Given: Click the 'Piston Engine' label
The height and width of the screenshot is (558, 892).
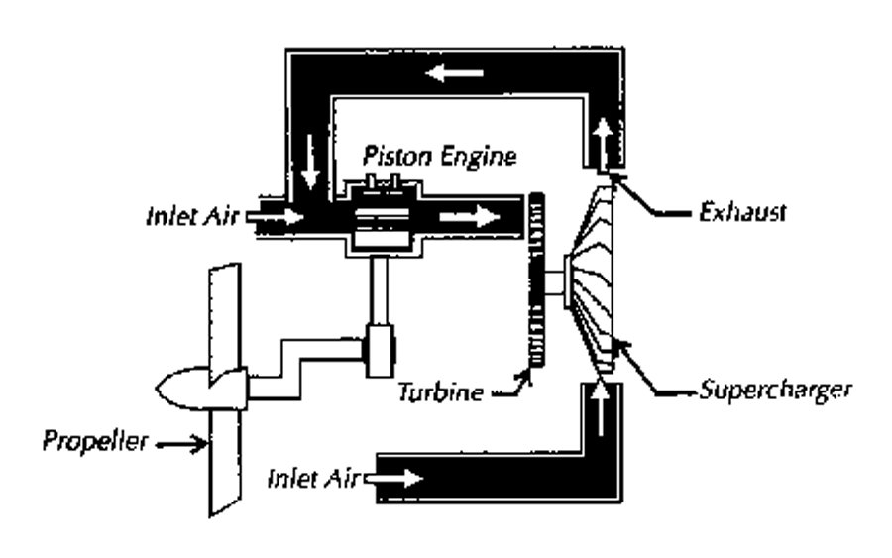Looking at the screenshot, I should [x=439, y=156].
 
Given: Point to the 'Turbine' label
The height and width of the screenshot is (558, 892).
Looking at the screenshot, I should [x=440, y=391].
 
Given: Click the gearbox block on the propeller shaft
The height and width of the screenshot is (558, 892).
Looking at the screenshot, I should [x=380, y=348].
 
